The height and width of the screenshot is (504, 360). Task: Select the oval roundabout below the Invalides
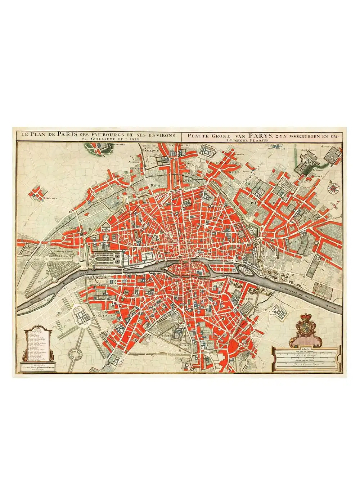(x=75, y=355)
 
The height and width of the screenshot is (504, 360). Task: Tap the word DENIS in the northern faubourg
(x=156, y=185)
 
